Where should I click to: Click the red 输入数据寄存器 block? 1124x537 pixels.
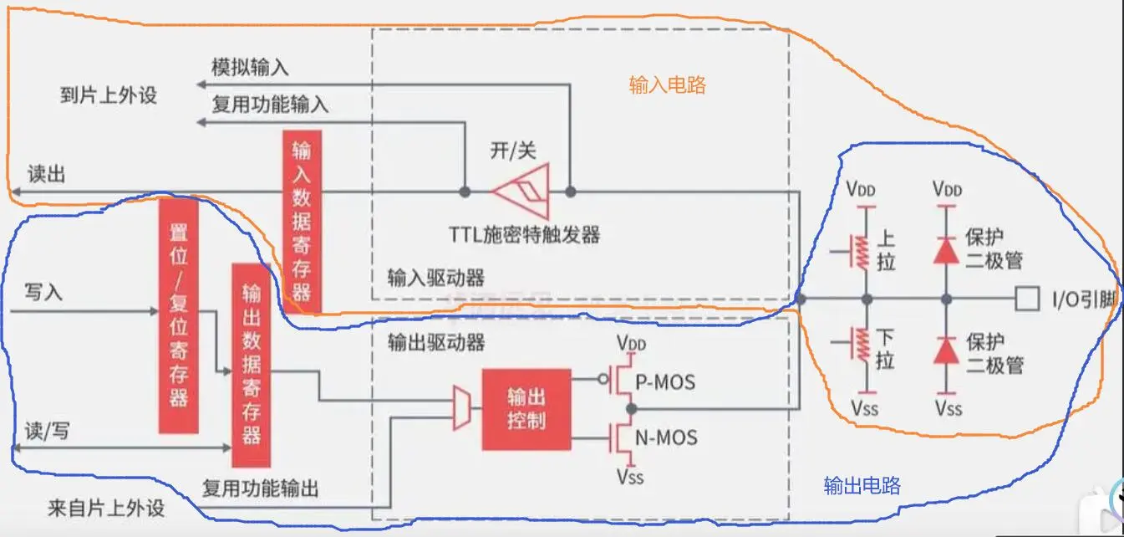click(302, 220)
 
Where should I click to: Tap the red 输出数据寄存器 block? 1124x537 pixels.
click(252, 365)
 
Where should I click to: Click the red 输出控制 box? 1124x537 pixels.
click(526, 409)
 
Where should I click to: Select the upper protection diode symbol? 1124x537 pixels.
click(946, 248)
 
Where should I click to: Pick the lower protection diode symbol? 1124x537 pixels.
click(946, 350)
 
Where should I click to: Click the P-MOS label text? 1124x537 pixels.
click(665, 382)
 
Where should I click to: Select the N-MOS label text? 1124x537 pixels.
click(666, 437)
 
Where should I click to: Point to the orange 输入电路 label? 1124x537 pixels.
click(667, 84)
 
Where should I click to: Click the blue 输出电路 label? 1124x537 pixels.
click(862, 486)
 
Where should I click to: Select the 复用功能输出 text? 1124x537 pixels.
click(261, 488)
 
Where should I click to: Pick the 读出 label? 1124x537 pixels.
click(47, 175)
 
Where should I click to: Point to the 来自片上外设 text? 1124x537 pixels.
click(106, 509)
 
